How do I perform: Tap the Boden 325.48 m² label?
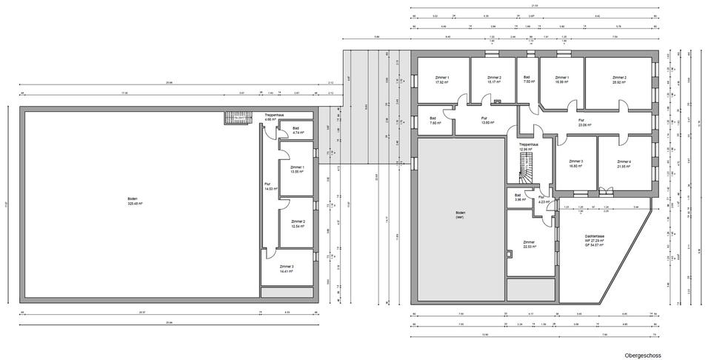133,201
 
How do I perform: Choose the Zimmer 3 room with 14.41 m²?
287,269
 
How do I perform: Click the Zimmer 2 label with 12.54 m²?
298,224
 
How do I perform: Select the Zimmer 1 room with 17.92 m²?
442,80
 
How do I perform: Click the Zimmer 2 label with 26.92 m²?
619,80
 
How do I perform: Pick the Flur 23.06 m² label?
581,124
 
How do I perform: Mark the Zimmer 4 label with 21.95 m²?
624,164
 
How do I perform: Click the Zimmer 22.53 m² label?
529,244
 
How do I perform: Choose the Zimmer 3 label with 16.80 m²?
575,164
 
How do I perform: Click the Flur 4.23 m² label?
542,199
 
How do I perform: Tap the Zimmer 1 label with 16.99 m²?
561,80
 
